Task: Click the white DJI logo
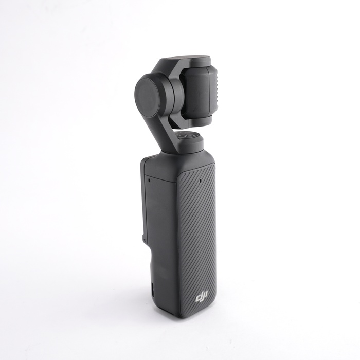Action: pyautogui.click(x=201, y=298)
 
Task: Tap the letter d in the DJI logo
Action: pyautogui.click(x=197, y=298)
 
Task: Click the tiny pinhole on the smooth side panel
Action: pyautogui.click(x=149, y=181)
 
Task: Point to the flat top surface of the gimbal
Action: pyautogui.click(x=188, y=59)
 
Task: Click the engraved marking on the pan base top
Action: pyautogui.click(x=187, y=137)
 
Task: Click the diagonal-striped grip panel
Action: pyautogui.click(x=196, y=237)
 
